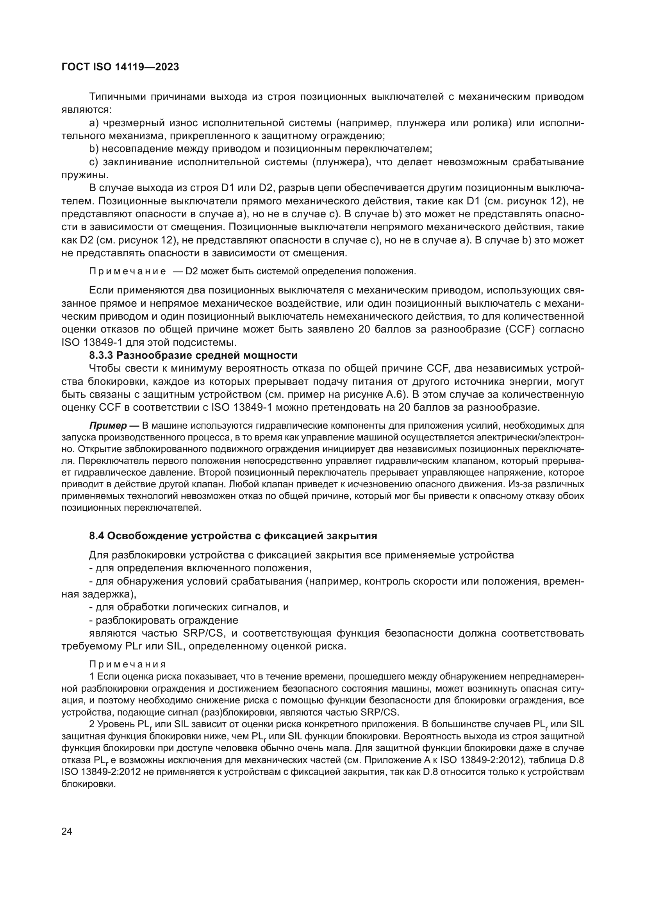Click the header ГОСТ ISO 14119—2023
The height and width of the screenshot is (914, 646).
[x=120, y=67]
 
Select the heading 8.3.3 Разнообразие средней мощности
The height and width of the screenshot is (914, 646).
[x=193, y=355]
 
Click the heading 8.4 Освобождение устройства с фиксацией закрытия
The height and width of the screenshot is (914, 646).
[x=233, y=536]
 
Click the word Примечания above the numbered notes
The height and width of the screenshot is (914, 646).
[x=127, y=664]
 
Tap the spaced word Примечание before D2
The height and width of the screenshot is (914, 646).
[x=127, y=272]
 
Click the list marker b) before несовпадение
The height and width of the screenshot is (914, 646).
[x=94, y=149]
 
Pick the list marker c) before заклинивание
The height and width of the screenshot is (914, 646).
[x=94, y=163]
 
